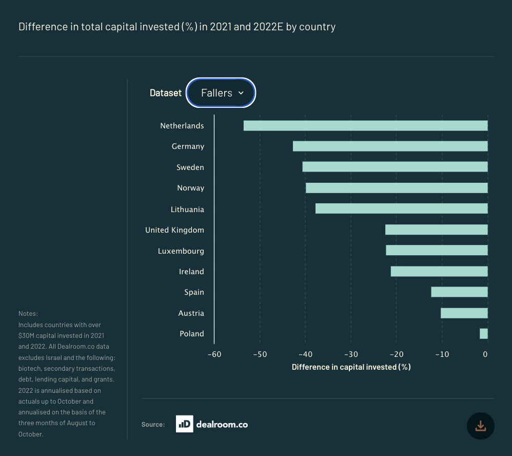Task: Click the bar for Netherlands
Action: click(365, 126)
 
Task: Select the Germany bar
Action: click(390, 146)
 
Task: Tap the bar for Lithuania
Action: click(401, 208)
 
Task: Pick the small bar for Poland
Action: click(483, 334)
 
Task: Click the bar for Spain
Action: click(459, 292)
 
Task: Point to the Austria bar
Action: click(464, 313)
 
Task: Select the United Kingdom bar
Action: click(436, 230)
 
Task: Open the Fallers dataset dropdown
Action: click(221, 93)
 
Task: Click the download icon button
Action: click(480, 426)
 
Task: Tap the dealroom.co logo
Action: click(212, 424)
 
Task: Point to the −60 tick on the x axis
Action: click(214, 354)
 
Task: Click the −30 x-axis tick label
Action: click(350, 354)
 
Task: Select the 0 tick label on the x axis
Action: click(485, 354)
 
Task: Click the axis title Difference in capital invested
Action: click(351, 367)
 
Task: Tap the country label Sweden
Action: click(190, 167)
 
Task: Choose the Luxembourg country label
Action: click(181, 251)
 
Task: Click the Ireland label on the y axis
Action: click(191, 272)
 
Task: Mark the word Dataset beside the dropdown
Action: click(165, 93)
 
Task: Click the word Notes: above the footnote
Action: click(28, 313)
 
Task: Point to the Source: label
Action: click(153, 425)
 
